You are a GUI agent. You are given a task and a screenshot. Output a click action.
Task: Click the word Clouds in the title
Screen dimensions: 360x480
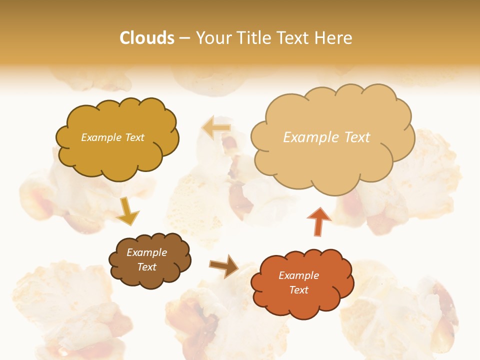pyautogui.click(x=147, y=38)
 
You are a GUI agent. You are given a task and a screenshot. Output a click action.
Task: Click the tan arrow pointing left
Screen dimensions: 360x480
pyautogui.click(x=216, y=128)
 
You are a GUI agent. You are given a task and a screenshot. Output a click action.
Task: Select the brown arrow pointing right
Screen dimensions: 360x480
pyautogui.click(x=224, y=266)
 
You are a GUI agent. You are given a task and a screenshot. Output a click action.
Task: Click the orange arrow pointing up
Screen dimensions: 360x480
pyautogui.click(x=318, y=221)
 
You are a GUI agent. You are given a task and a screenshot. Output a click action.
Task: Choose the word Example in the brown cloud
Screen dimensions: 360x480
pyautogui.click(x=146, y=252)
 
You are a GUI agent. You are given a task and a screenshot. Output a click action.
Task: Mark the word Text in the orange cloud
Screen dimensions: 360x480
pyautogui.click(x=298, y=290)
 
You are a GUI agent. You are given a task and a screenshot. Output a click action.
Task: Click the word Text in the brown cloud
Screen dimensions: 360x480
pyautogui.click(x=146, y=267)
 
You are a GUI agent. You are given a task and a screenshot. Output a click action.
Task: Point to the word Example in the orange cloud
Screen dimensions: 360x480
pyautogui.click(x=298, y=275)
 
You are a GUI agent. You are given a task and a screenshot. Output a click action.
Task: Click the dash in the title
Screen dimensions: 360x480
pyautogui.click(x=184, y=38)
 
